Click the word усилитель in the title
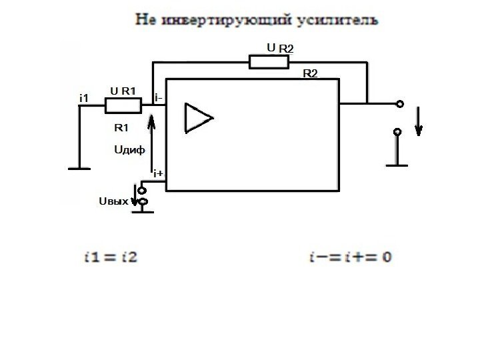[341, 20]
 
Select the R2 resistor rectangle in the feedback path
[269, 62]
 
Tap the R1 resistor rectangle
[123, 105]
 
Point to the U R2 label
[280, 48]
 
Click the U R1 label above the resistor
[123, 91]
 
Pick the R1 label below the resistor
[121, 128]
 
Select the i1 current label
[84, 99]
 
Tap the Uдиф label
[130, 150]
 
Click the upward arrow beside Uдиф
[153, 140]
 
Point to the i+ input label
[159, 174]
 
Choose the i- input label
[159, 99]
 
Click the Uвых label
[113, 201]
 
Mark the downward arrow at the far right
[418, 121]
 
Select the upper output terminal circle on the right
[399, 104]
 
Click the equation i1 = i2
[111, 257]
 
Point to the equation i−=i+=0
[350, 257]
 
